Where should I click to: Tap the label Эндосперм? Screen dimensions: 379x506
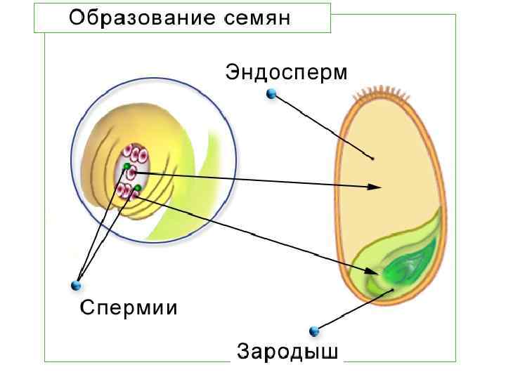(286, 72)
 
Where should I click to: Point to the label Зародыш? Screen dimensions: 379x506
(287, 350)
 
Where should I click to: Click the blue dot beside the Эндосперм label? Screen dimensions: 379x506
(271, 93)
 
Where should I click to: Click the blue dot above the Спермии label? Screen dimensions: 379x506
(76, 285)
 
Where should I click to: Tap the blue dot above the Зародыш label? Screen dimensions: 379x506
(314, 331)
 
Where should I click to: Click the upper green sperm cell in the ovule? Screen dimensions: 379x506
(127, 166)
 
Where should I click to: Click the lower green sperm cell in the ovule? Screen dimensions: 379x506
(138, 187)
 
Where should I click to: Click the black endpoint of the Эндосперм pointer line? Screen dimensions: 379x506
(372, 159)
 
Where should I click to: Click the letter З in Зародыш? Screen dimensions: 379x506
(242, 350)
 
